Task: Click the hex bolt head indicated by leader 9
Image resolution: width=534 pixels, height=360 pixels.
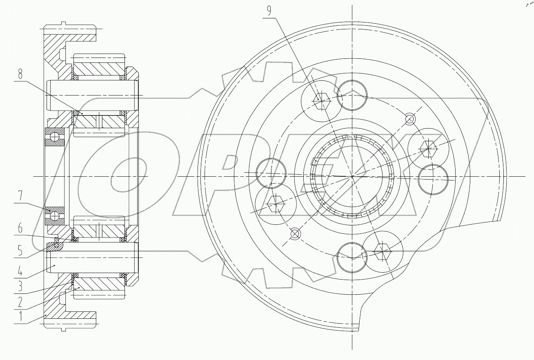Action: tap(321, 99)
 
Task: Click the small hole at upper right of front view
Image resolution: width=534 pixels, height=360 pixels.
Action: tap(410, 119)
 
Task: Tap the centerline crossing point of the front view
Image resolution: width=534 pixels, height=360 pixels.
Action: tap(352, 176)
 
